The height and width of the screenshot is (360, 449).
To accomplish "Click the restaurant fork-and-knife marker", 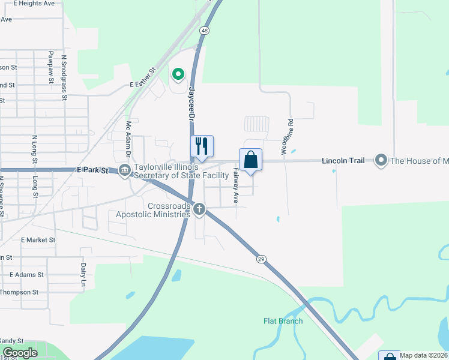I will pos(202,146).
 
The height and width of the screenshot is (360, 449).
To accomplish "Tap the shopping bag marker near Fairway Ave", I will pos(250,160).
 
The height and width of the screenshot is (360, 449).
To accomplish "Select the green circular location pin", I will pos(178,75).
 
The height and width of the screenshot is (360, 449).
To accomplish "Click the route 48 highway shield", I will pos(205,31).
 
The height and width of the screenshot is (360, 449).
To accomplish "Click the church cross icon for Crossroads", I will pos(199,209).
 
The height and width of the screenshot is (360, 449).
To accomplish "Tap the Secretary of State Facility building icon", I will pos(125,171).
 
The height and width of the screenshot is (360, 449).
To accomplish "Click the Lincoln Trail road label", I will pos(343,161).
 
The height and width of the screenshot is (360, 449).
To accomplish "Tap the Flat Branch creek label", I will pos(283,321).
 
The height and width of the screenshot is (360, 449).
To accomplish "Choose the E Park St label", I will pos(92,170).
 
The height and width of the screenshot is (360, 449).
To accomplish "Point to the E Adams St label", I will pos(26,274).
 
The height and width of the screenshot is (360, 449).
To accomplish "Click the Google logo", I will pos(20,353).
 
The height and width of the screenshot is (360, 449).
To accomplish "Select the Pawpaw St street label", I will pos(52,67).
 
